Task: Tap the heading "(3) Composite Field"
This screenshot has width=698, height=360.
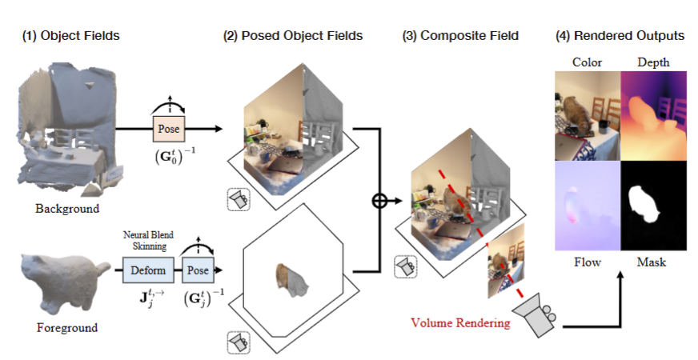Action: [x=461, y=36]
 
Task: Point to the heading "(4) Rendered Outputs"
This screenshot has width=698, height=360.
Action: [x=620, y=36]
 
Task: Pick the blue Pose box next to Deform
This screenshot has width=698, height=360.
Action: [x=197, y=270]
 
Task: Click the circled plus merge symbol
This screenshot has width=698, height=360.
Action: [x=380, y=202]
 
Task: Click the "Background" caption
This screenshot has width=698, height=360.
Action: [x=67, y=210]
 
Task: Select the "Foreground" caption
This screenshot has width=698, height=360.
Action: [x=67, y=327]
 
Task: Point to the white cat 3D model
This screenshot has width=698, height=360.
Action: [x=64, y=282]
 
